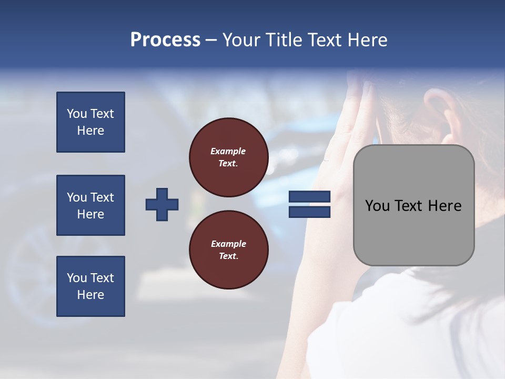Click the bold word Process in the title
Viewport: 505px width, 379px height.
pyautogui.click(x=165, y=39)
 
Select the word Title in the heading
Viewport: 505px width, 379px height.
pyautogui.click(x=282, y=39)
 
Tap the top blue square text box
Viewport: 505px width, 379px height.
pyautogui.click(x=90, y=122)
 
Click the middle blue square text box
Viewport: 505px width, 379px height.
pyautogui.click(x=90, y=205)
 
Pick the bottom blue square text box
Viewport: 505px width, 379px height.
pyautogui.click(x=90, y=286)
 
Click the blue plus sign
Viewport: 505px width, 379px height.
pyautogui.click(x=162, y=204)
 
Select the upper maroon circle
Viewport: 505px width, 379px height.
pyautogui.click(x=228, y=157)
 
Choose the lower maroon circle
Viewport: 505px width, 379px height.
pyautogui.click(x=228, y=250)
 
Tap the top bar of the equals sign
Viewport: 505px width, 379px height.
pyautogui.click(x=309, y=197)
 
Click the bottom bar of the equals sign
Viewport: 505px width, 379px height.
pyautogui.click(x=309, y=212)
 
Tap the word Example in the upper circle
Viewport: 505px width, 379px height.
pyautogui.click(x=228, y=151)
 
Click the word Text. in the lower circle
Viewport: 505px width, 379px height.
pyautogui.click(x=228, y=256)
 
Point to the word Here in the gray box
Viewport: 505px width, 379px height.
pyautogui.click(x=445, y=206)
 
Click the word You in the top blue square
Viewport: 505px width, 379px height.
pyautogui.click(x=76, y=114)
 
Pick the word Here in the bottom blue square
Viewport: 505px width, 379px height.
pyautogui.click(x=90, y=295)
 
